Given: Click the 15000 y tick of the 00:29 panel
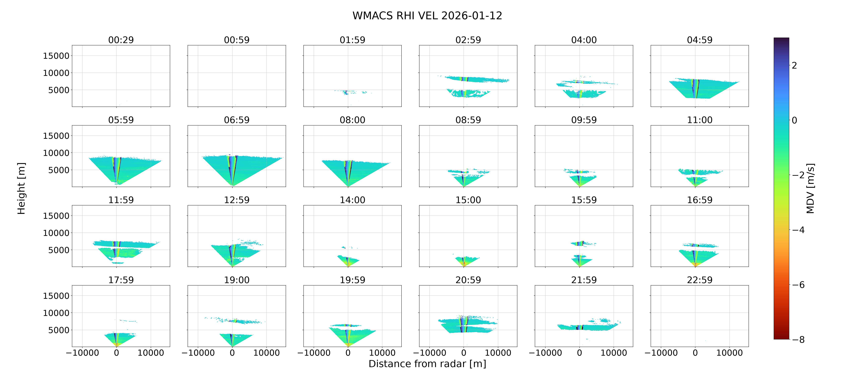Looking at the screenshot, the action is click(56, 56).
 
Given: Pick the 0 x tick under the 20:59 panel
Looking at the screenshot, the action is click(464, 353).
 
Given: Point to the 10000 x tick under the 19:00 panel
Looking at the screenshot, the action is click(267, 353).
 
